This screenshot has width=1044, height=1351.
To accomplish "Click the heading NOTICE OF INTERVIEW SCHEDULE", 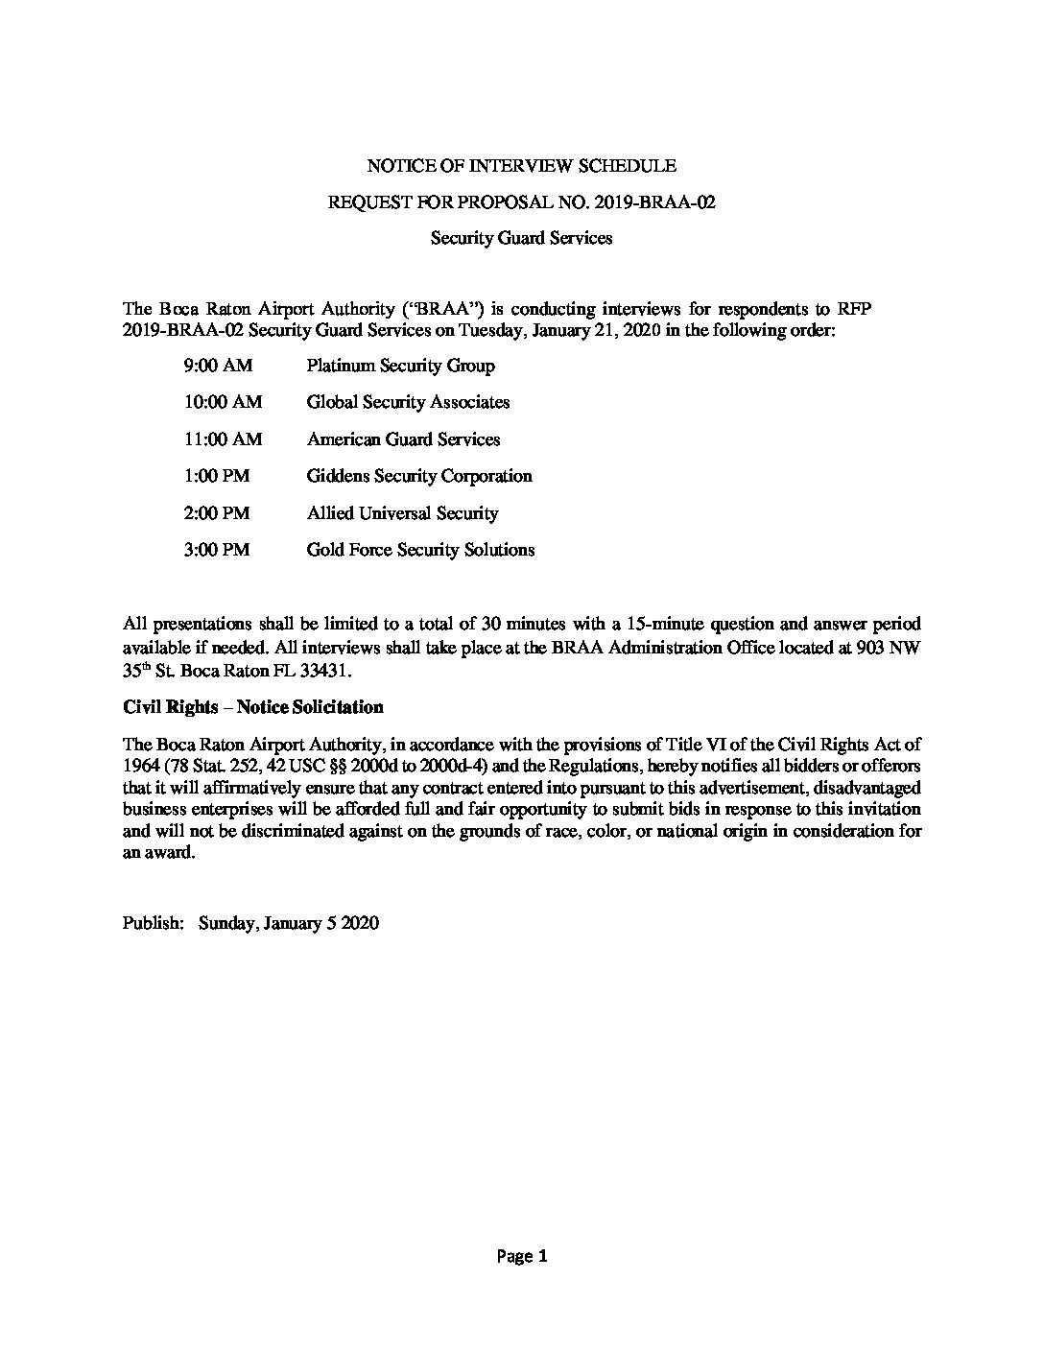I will pos(521,166).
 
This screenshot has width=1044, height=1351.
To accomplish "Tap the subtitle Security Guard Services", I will pos(521,238).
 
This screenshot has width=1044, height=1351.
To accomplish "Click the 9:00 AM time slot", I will pos(218,366).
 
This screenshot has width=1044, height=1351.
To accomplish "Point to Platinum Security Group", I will pos(400,366).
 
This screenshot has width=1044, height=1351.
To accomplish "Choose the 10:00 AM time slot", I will pos(222,402).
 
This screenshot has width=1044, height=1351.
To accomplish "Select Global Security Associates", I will pos(408,402).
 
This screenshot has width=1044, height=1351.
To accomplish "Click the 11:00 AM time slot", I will pos(222,439).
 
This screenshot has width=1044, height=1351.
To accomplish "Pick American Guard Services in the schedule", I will pos(403,439).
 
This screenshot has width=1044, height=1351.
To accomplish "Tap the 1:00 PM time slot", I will pos(216,476).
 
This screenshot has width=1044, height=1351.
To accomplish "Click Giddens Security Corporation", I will pos(418,476).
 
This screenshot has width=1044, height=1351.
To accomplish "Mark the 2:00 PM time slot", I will pos(216,513).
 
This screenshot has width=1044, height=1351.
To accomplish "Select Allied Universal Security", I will pos(402,513).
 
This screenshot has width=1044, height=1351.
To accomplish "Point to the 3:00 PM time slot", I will pos(216,550).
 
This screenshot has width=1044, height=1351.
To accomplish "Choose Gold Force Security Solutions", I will pos(420,550).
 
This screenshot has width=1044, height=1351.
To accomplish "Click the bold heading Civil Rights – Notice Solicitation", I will pos(253,707).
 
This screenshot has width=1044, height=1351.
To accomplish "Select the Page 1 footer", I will pos(521,1256).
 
